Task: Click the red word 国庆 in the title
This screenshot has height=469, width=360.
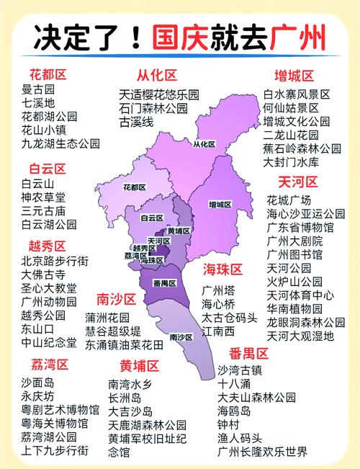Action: pyautogui.click(x=179, y=36)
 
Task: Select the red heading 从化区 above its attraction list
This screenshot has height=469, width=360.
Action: pyautogui.click(x=157, y=76)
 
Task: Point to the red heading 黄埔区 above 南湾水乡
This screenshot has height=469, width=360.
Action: pyautogui.click(x=140, y=364)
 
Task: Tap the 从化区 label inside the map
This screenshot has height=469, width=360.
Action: pyautogui.click(x=204, y=144)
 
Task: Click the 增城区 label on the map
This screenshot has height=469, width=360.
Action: pyautogui.click(x=220, y=204)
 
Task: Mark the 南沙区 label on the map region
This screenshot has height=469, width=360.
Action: pyautogui.click(x=181, y=336)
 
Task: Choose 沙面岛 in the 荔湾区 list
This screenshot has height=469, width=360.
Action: pyautogui.click(x=38, y=382)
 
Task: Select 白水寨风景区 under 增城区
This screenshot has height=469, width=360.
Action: pyautogui.click(x=296, y=94)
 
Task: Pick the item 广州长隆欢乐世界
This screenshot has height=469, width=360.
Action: pyautogui.click(x=262, y=452)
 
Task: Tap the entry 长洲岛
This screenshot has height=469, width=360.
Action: pyautogui.click(x=125, y=398)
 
